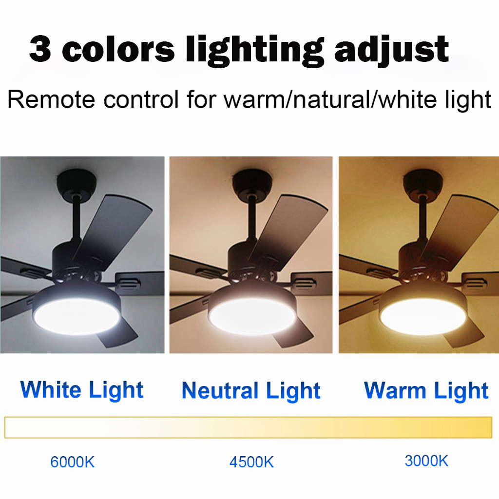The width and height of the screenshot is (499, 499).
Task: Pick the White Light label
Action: tap(82, 390)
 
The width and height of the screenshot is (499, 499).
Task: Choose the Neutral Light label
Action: tap(251, 391)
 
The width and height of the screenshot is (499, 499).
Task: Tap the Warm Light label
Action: tap(426, 391)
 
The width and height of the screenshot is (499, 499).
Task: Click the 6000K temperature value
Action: tap(73, 462)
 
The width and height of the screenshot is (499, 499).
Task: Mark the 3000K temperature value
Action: tap(426, 461)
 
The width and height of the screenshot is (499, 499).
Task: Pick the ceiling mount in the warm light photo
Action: tap(422, 181)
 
